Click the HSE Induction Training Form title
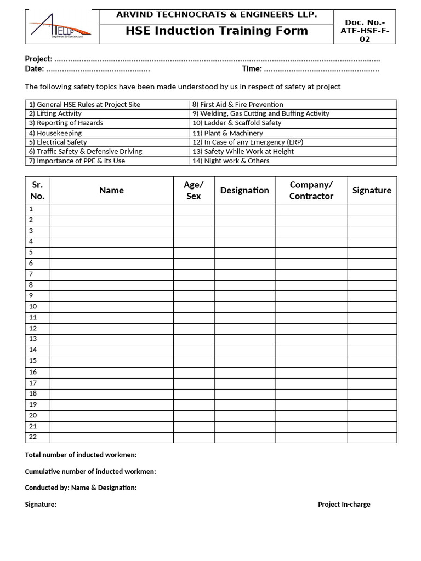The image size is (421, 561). tap(217, 31)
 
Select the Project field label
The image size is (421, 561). tap(38, 59)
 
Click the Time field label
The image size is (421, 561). tap(252, 69)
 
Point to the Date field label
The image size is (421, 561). tap(34, 69)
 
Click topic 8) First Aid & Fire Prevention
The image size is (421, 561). tap(237, 104)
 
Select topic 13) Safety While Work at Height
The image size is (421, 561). tap(243, 151)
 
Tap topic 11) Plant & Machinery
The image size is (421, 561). tap(227, 133)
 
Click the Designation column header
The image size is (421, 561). tap(244, 190)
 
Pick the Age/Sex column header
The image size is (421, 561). tap(194, 190)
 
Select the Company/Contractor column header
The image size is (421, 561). tap(311, 190)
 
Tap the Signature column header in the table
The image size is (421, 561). tap(372, 190)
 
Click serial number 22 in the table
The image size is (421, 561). tap(33, 437)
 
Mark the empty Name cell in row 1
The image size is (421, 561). tap(111, 209)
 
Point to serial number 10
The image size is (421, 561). tap(33, 306)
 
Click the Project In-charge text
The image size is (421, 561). tap(344, 505)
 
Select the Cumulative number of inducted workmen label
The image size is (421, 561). tap(90, 472)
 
